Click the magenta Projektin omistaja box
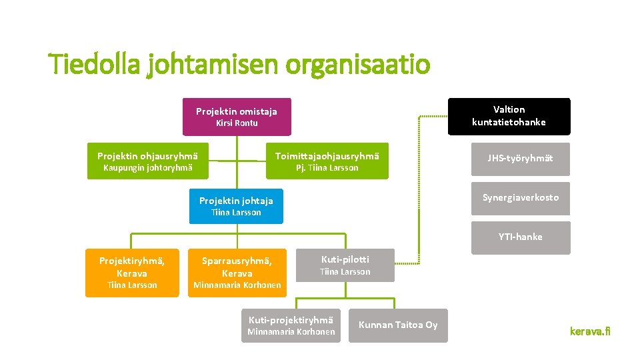pyautogui.click(x=236, y=117)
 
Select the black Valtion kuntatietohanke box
pyautogui.click(x=509, y=116)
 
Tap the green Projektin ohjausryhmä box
pyautogui.click(x=148, y=161)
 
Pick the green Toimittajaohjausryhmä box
pyautogui.click(x=327, y=161)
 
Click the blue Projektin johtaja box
pyautogui.click(x=236, y=206)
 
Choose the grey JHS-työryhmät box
pyautogui.click(x=520, y=159)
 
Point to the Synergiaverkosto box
pyautogui.click(x=520, y=198)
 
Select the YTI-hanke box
pyautogui.click(x=520, y=237)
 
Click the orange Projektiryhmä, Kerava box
pyautogui.click(x=132, y=273)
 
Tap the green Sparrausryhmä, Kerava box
pyautogui.click(x=237, y=273)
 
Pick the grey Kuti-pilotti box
pyautogui.click(x=345, y=265)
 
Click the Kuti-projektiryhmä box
pyautogui.click(x=291, y=325)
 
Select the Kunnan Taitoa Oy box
pyautogui.click(x=398, y=325)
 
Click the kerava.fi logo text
pyautogui.click(x=589, y=331)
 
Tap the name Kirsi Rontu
pyautogui.click(x=237, y=123)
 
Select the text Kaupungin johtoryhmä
pyautogui.click(x=148, y=168)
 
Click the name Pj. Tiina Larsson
pyautogui.click(x=327, y=168)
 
